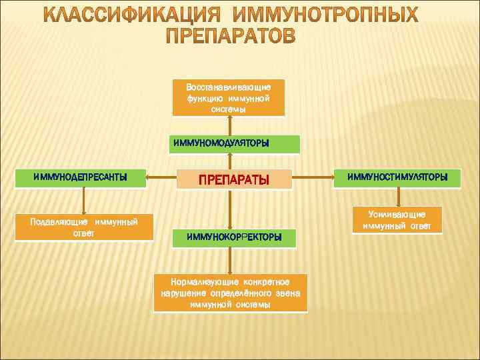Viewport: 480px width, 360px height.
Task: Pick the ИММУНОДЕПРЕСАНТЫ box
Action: pyautogui.click(x=81, y=177)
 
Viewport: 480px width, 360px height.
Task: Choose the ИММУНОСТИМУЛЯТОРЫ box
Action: pyautogui.click(x=397, y=177)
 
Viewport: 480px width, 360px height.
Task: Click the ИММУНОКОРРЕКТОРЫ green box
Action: pyautogui.click(x=234, y=237)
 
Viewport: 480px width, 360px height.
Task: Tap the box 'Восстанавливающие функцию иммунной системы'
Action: pyautogui.click(x=229, y=99)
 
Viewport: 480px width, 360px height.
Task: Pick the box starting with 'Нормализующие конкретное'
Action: pyautogui.click(x=230, y=293)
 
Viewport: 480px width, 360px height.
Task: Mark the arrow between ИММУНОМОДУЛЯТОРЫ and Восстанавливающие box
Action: pyautogui.click(x=230, y=126)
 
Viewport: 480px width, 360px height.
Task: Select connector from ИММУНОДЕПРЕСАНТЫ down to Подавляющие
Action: pyautogui.click(x=84, y=199)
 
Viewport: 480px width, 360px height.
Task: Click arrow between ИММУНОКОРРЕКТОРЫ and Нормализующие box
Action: pyautogui.click(x=230, y=261)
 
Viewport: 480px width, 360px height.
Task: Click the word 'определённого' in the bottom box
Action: pyautogui.click(x=242, y=293)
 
